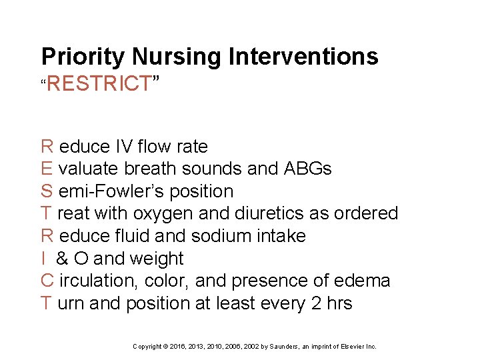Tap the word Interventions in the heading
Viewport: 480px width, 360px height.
[x=303, y=57]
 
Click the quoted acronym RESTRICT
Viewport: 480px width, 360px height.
[x=99, y=84]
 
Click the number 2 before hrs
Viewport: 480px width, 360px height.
[x=317, y=303]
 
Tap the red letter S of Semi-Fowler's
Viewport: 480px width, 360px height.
[x=47, y=191]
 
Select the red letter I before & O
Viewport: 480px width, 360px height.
[x=43, y=259]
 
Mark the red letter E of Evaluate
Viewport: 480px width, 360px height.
[x=47, y=169]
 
